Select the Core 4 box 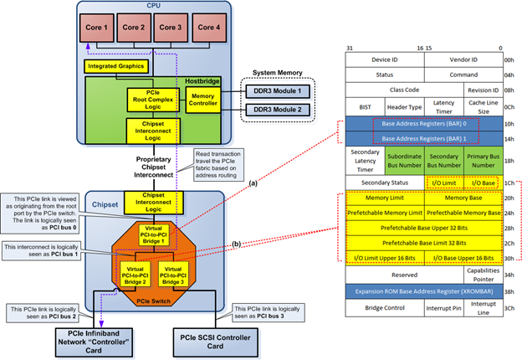pyautogui.click(x=208, y=28)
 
